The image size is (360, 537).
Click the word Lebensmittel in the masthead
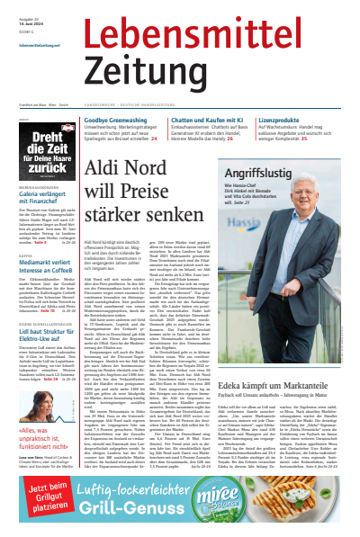pos(220,33)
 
